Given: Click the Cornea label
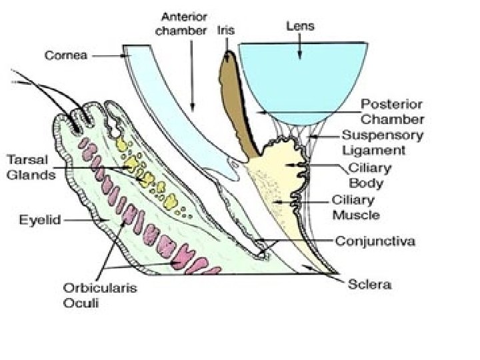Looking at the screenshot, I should click(x=65, y=56).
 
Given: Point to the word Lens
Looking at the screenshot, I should click(x=300, y=27).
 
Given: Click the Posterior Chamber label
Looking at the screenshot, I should click(x=392, y=112).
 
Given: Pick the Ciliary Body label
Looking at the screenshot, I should click(x=370, y=174).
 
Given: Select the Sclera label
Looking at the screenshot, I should click(x=370, y=285).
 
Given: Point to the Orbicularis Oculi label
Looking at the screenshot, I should click(x=91, y=295).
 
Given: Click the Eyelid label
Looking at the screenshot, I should click(x=40, y=219).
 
